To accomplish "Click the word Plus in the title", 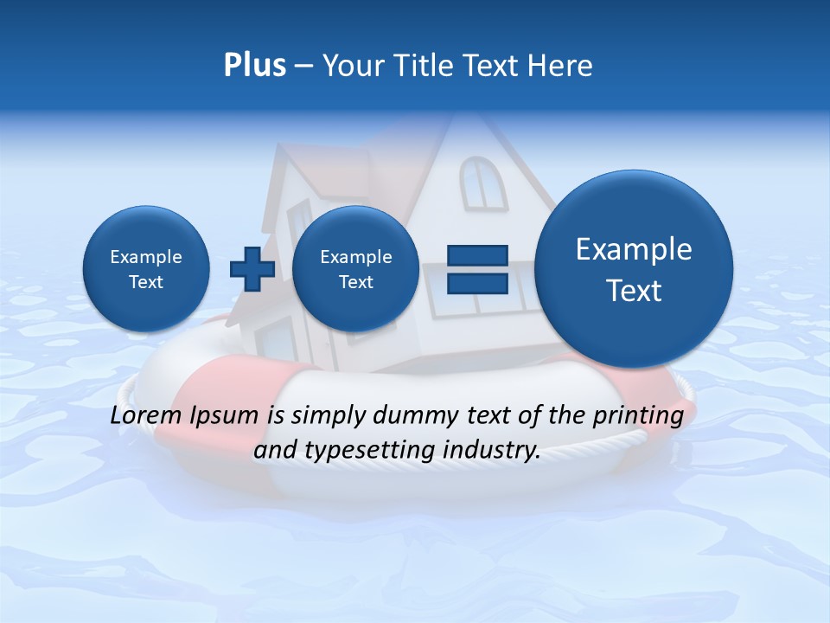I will (x=254, y=66).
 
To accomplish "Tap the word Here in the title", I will (x=559, y=66).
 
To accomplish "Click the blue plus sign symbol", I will (x=252, y=269).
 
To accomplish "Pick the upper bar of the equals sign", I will (x=477, y=255).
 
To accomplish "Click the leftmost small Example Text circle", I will (x=146, y=269).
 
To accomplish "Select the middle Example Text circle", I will (x=355, y=269).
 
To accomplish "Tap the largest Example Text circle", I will (x=634, y=269).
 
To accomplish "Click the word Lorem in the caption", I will (x=144, y=415).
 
